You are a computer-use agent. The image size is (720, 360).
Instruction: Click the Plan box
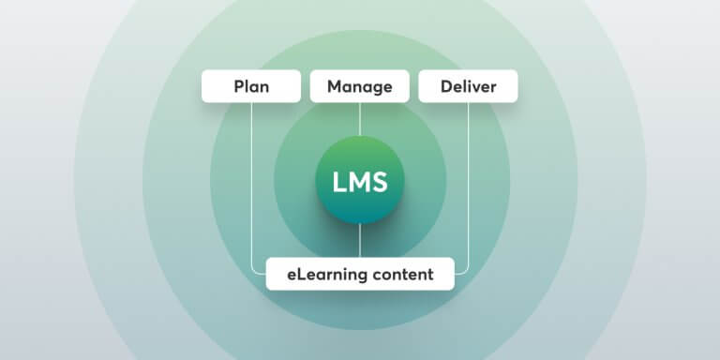coord(250,87)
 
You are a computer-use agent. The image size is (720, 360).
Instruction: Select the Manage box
coord(360,87)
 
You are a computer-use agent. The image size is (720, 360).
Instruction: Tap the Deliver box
coord(468,87)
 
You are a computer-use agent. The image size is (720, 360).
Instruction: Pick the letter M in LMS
coord(358,182)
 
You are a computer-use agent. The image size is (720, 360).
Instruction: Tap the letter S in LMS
coord(380,182)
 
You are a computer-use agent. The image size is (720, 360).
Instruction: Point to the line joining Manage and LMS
coord(360,119)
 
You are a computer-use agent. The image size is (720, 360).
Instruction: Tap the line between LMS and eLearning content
coord(360,242)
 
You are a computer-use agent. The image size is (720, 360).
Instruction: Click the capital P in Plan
coord(238,87)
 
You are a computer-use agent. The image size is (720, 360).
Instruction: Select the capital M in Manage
coord(334,87)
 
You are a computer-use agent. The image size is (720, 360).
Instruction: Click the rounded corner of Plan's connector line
coord(253,272)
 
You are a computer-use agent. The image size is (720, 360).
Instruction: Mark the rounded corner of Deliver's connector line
coord(466,272)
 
